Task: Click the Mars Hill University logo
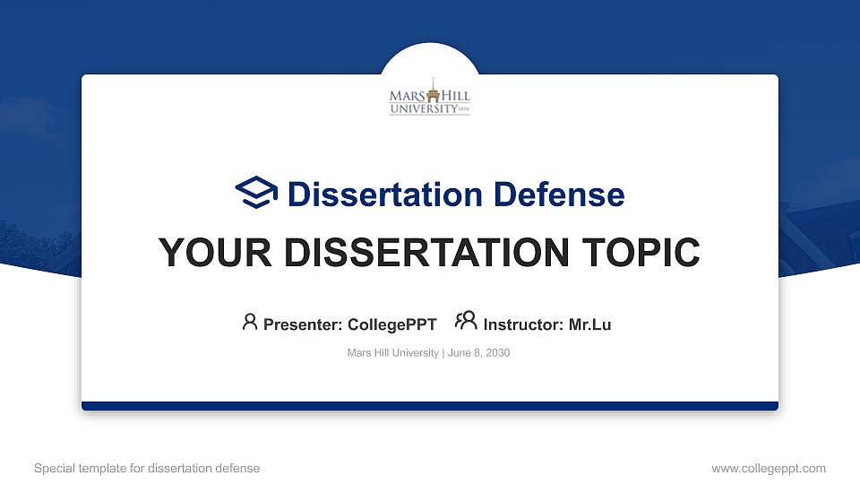429,97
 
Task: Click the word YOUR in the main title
207,253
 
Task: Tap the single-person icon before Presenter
250,323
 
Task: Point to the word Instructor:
524,324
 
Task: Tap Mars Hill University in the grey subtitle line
392,353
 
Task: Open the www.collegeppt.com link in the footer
768,468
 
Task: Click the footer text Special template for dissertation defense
147,468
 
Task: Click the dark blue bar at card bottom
429,406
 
